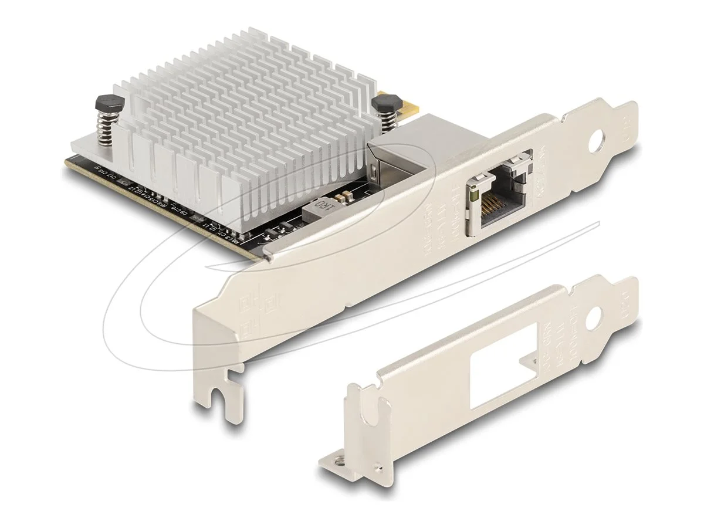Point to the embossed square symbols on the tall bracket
pos(255,305)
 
